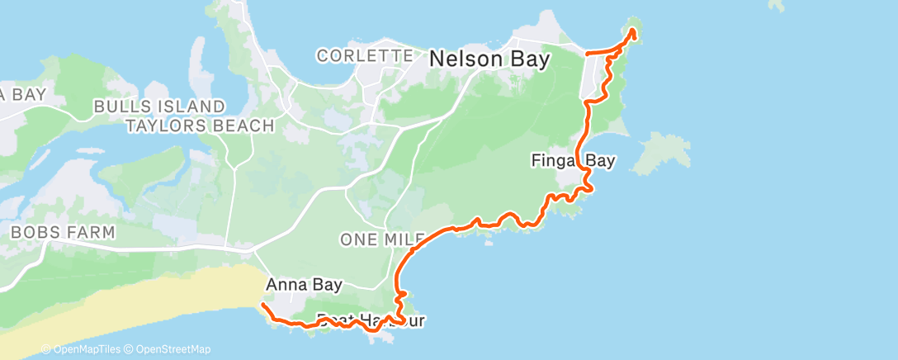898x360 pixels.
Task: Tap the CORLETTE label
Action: pyautogui.click(x=365, y=56)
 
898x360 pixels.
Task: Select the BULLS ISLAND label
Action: pyautogui.click(x=158, y=107)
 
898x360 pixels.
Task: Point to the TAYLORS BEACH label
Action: pyautogui.click(x=199, y=126)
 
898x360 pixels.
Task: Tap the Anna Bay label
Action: pyautogui.click(x=298, y=284)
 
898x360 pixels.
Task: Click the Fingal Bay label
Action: pyautogui.click(x=573, y=161)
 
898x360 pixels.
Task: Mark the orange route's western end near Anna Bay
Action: pyautogui.click(x=262, y=305)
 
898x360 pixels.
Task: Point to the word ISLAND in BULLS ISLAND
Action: pyautogui.click(x=189, y=107)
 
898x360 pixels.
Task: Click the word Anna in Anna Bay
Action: pyautogui.click(x=282, y=284)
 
